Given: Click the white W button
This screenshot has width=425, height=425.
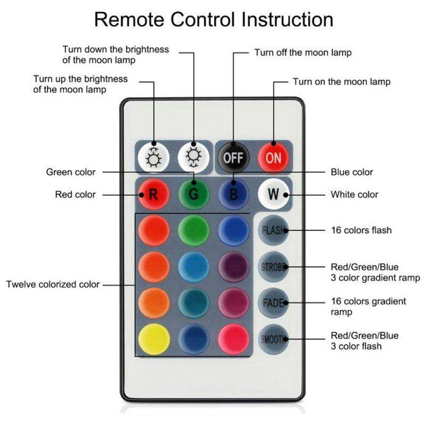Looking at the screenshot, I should (272, 193).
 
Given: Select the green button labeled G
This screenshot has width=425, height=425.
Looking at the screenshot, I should (193, 193).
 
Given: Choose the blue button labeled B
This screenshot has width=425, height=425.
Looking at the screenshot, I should (232, 193).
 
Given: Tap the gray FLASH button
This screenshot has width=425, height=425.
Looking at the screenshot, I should (273, 230).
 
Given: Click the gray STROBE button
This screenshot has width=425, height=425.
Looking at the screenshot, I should (273, 266).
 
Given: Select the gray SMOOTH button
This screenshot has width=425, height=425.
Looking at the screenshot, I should (273, 339).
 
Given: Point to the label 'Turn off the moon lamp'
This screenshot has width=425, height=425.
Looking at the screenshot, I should (302, 52).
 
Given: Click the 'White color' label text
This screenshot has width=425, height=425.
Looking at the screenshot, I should (354, 194).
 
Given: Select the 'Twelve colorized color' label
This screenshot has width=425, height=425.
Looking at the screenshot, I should (53, 285).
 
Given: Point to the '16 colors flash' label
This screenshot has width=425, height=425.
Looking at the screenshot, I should (361, 230).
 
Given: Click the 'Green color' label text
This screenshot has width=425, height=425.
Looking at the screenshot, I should (70, 171).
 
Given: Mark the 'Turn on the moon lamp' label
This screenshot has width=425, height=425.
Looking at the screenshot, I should (341, 82).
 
